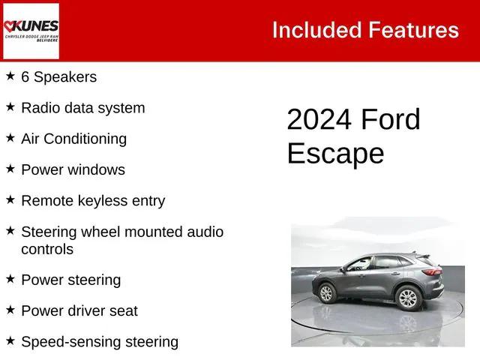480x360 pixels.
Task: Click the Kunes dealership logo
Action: click(31, 31)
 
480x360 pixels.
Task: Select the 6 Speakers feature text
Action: click(58, 77)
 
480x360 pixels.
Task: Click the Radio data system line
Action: click(82, 108)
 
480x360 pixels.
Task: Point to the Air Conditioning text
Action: click(73, 139)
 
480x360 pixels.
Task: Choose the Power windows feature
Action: click(73, 169)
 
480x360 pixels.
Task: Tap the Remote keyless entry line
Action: click(93, 201)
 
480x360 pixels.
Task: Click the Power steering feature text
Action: click(70, 280)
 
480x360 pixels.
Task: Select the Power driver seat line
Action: click(79, 310)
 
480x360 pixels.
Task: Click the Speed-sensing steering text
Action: click(100, 342)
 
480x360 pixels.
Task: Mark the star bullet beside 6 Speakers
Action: click(10, 76)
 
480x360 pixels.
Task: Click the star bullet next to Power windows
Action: click(10, 169)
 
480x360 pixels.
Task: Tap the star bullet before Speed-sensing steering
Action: click(10, 341)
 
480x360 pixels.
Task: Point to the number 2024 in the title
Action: click(319, 120)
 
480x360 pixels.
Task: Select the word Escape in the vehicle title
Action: click(335, 153)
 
